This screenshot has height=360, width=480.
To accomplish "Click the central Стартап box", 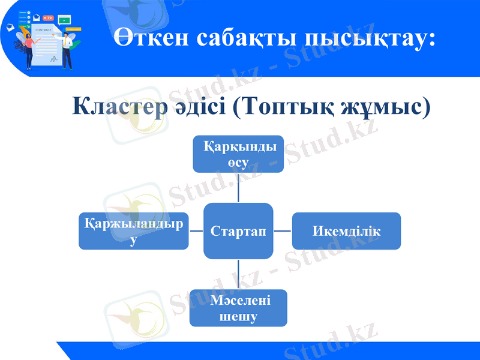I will tap(238, 231).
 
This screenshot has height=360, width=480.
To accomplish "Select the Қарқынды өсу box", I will tap(238, 154).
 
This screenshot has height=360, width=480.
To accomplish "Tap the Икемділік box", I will tap(346, 231).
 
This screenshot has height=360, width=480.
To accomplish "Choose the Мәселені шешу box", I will tap(238, 308).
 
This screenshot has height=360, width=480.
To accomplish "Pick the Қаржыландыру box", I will tap(133, 231).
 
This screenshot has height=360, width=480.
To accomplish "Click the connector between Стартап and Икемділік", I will tap(283, 231).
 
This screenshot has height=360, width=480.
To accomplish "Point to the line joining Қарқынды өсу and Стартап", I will tap(238, 188).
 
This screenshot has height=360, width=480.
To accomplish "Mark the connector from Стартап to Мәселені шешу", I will tap(238, 274).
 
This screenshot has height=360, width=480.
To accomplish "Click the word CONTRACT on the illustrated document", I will tap(43, 29).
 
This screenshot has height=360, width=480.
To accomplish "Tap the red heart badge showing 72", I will tap(49, 18).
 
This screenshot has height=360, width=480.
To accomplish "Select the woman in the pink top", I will tap(28, 48).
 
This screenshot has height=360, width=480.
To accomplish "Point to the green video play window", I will tap(64, 20).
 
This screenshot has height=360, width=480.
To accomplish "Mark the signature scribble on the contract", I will tap(53, 59).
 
